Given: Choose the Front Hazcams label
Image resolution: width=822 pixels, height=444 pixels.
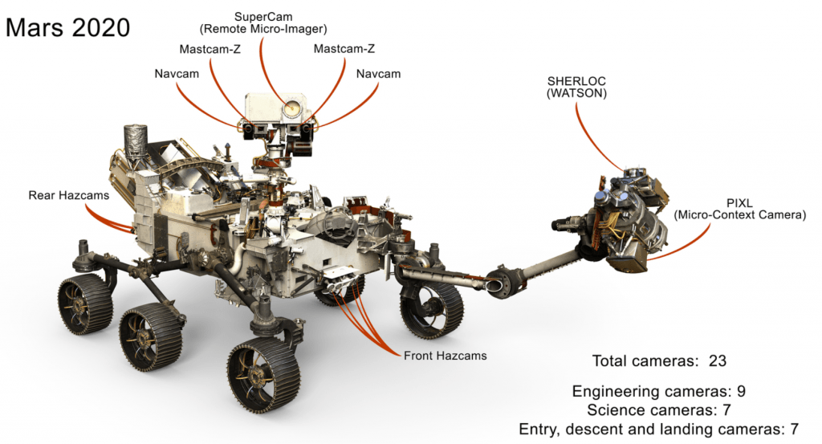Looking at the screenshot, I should tap(446, 354).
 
